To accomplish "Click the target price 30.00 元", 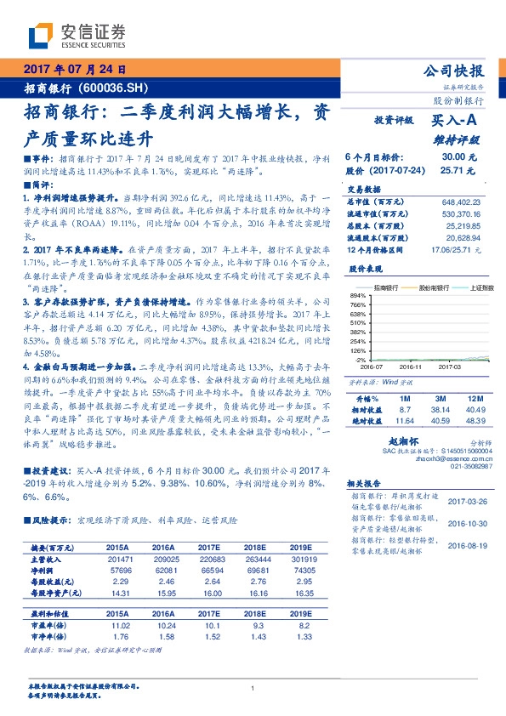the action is click(x=459, y=157).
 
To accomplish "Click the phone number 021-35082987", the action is click(x=463, y=466).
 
